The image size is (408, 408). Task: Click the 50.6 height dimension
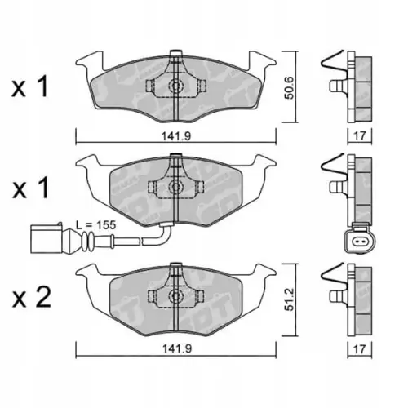click(x=290, y=87)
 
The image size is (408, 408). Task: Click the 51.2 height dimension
click(x=290, y=299)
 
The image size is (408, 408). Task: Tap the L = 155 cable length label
click(x=95, y=225)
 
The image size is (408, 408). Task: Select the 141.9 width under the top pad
click(x=177, y=136)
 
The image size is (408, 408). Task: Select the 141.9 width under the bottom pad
click(x=177, y=348)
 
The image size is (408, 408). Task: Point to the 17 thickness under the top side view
click(x=360, y=135)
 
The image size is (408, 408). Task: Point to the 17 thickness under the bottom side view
click(x=360, y=349)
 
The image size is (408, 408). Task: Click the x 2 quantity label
click(x=32, y=298)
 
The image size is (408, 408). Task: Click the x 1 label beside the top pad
click(x=30, y=87)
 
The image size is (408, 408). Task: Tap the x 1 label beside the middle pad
click(x=30, y=188)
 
